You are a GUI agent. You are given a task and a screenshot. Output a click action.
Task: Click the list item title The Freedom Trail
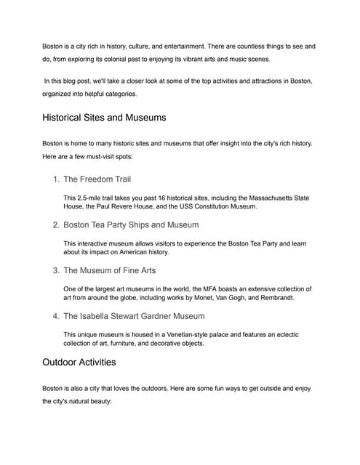pyautogui.click(x=97, y=179)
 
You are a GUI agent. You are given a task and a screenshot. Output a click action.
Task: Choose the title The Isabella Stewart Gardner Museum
pyautogui.click(x=134, y=316)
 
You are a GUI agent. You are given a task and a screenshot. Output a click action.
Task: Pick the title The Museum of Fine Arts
pyautogui.click(x=109, y=270)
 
